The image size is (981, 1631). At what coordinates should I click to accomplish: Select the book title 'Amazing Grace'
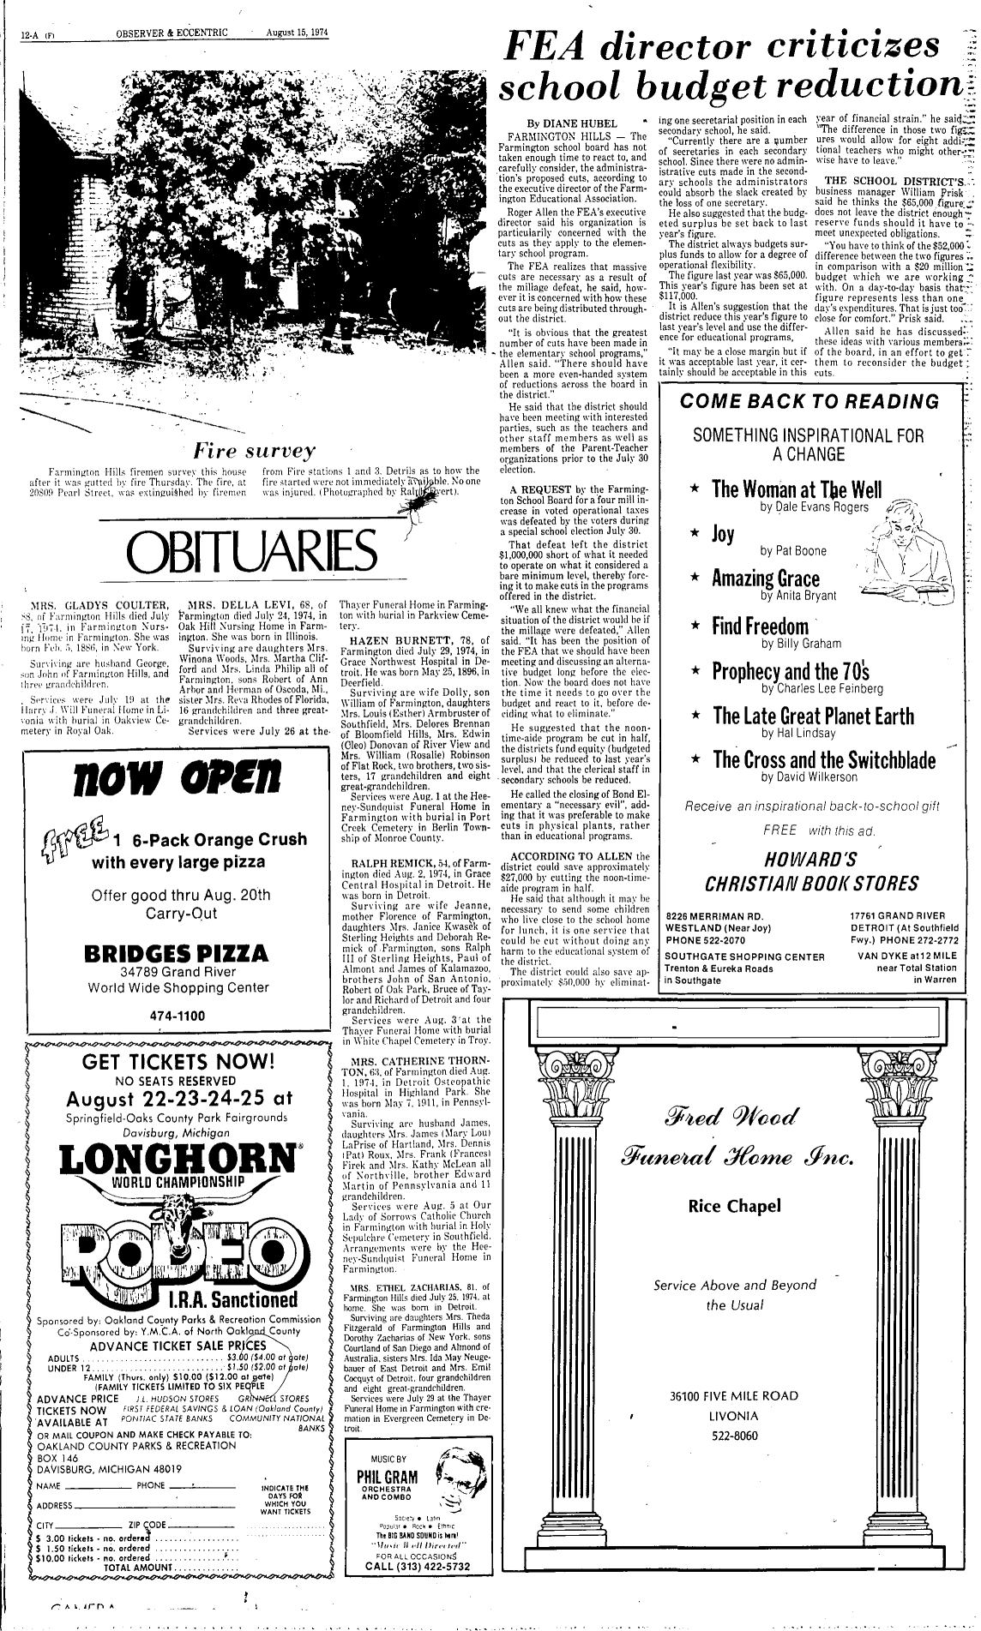pos(766,578)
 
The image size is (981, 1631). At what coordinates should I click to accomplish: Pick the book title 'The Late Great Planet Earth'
pos(803,716)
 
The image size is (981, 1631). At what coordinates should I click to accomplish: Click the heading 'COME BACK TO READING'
pos(809,401)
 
